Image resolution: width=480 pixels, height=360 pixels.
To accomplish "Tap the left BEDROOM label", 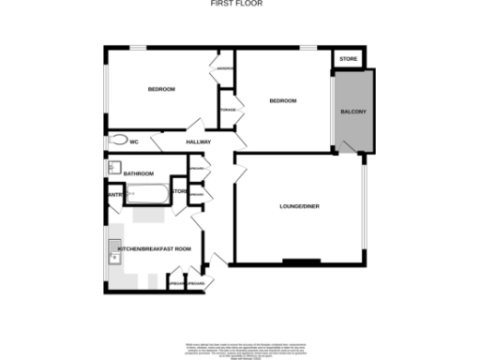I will coord(161,89).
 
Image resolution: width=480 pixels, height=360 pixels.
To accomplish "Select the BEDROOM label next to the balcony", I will coord(282,101).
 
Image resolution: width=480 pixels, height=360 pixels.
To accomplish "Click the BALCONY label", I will coord(353,112).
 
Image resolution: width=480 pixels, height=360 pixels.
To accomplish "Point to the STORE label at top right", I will coord(349,59).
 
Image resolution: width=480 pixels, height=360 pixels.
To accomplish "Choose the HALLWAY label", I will coord(197,142).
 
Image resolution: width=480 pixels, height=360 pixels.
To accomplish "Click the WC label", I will coord(134,142).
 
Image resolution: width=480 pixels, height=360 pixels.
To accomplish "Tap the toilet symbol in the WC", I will coord(116,141).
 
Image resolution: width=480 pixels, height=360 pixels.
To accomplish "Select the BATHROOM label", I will coord(139,173).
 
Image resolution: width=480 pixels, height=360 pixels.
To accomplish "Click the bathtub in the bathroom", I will coord(147,195).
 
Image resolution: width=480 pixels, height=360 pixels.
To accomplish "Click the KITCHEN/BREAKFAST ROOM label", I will coord(156,248).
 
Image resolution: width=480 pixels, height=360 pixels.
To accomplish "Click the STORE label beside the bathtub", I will coord(179,192).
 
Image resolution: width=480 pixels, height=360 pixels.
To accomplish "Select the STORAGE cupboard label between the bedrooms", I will coord(227,111).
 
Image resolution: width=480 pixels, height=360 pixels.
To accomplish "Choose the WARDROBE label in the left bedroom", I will coord(225,68).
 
